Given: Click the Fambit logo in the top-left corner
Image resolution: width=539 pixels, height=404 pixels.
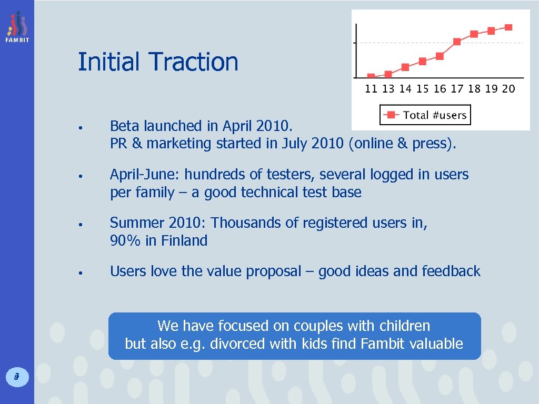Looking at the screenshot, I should tap(17, 27).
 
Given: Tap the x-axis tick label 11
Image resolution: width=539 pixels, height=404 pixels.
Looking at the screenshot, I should tap(371, 89).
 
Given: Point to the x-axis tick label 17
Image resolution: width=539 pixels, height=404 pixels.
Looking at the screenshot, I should tap(457, 89).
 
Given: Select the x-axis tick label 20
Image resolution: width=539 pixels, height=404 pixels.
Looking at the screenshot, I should tap(508, 89).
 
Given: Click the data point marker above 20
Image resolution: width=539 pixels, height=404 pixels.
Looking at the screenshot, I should tap(508, 27).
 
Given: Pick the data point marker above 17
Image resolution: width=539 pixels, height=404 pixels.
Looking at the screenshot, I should tap(457, 42).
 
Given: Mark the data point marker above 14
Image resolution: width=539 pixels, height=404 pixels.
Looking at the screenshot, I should tap(405, 67).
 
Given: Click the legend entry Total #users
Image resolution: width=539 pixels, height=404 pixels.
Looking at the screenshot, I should tap(425, 115).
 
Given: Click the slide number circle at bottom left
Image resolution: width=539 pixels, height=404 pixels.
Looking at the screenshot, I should tap(17, 376).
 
